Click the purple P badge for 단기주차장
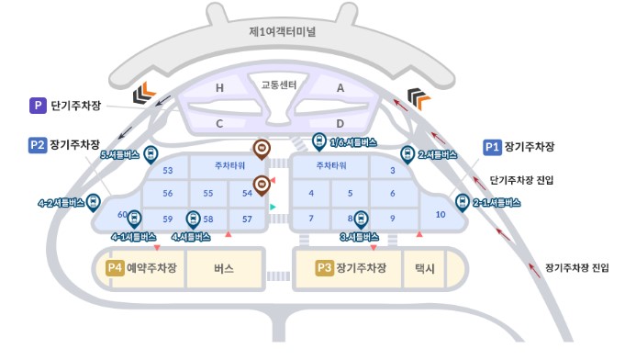point(38,106)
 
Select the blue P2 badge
point(38,144)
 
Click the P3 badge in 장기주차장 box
point(323,268)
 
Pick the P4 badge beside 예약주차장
point(115,268)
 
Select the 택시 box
point(425,269)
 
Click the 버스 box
point(223,269)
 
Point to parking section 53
point(168,170)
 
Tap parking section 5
point(350,194)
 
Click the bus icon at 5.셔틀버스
point(151,155)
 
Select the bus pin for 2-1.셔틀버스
point(459,201)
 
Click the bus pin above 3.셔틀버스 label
point(361,219)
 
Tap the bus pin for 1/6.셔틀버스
point(318,141)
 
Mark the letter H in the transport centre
point(219,88)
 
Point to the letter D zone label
point(340,123)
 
